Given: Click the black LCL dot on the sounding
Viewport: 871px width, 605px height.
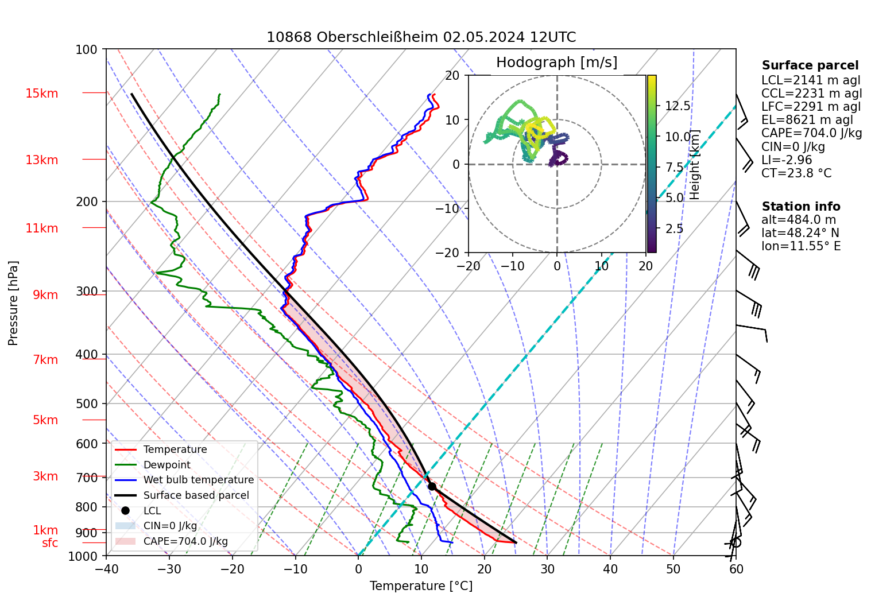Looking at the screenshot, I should pos(432,487).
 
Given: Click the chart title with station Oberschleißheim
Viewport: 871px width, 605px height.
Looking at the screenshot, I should pos(421,37).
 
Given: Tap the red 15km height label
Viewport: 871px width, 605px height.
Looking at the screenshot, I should pos(41,94).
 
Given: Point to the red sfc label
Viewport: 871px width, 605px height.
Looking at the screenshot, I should pos(50,543).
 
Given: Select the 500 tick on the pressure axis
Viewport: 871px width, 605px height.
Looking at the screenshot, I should pos(87,404).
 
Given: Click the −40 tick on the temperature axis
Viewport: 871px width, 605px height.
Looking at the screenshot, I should pos(106,569).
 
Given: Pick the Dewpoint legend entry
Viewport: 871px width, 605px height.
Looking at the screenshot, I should pos(167,465).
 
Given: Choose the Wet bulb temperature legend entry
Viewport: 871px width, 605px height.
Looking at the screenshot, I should pos(198,480).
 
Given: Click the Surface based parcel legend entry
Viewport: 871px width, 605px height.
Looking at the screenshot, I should pos(196,495).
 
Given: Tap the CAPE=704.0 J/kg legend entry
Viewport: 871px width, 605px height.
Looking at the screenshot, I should pos(185,541).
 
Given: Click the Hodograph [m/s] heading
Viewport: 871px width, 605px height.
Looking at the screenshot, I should pos(556,63).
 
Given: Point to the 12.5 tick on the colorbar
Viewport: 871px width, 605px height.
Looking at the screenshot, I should pos(678,106).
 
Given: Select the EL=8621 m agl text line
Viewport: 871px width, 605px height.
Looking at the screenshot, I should pos(807,120).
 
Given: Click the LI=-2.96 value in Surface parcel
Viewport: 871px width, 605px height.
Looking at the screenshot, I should pos(787,160).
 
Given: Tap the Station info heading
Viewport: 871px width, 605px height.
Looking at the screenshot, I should pos(800,207).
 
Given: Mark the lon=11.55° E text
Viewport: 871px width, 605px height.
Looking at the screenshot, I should pos(800,246).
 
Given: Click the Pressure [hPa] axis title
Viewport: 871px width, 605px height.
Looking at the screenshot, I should pos(13,303).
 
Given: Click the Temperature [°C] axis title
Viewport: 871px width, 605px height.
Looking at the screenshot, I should pos(421,586).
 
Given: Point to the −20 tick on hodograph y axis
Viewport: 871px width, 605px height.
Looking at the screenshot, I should pos(452,253).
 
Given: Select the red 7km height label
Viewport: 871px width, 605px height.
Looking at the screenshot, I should pos(45,360).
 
